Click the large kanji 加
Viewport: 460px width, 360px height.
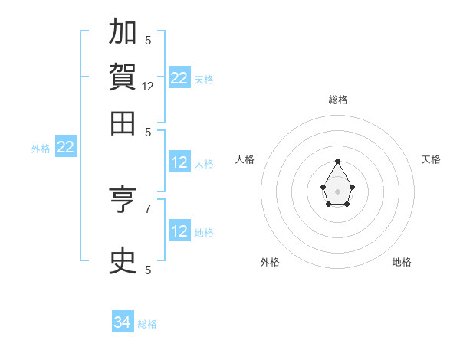point(123,31)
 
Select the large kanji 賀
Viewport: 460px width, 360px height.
point(123,77)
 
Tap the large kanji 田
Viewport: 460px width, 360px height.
point(123,123)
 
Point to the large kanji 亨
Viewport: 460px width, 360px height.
point(123,199)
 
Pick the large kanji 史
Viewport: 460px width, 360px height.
point(123,260)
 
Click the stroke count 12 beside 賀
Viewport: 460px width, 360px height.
point(147,87)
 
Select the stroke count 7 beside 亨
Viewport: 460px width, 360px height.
point(148,209)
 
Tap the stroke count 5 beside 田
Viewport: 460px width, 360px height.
point(148,133)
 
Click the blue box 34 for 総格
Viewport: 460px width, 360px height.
point(123,321)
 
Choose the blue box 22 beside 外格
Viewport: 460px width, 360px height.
point(66,146)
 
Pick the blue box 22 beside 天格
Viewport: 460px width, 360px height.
point(180,77)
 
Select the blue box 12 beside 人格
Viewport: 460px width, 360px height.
point(180,162)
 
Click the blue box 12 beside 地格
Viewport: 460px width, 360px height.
point(180,230)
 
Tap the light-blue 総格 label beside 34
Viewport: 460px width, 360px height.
point(147,324)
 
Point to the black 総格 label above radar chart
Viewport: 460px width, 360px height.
point(338,100)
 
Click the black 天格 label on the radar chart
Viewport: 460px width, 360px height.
point(431,159)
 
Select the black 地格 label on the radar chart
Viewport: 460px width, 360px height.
point(402,262)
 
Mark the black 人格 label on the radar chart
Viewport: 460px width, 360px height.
point(245,159)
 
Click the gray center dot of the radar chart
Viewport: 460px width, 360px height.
point(337,191)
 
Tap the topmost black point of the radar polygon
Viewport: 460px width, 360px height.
point(337,162)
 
